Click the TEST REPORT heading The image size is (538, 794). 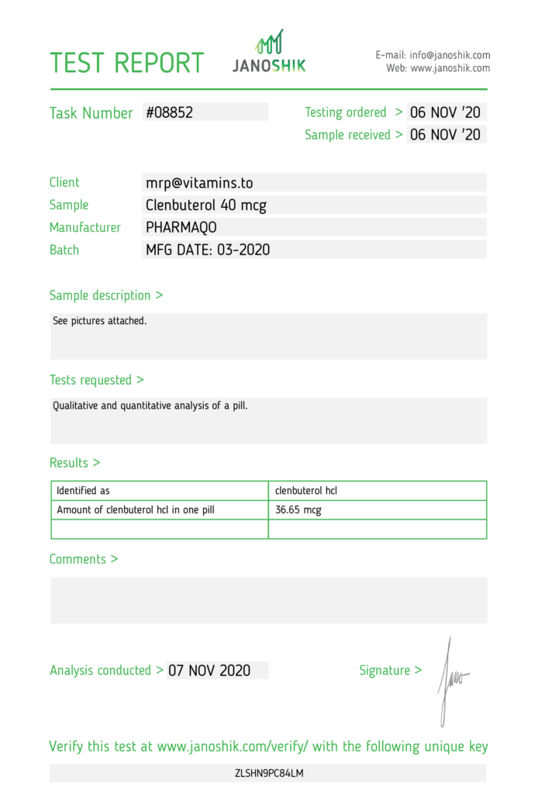[127, 63]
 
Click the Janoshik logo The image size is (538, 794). [269, 53]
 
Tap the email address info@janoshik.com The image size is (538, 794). [450, 55]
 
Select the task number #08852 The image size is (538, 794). [169, 112]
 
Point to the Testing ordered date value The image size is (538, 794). [445, 112]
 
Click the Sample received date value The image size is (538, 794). [445, 135]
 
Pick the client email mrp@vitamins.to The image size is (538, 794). [199, 183]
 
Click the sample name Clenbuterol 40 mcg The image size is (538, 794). [206, 205]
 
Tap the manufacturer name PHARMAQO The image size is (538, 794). [181, 228]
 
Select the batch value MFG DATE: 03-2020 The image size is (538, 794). [208, 250]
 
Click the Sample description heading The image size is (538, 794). [106, 295]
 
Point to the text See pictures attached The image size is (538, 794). [99, 320]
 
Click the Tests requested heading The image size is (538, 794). [96, 380]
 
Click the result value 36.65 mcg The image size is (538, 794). [298, 510]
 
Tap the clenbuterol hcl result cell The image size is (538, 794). [306, 491]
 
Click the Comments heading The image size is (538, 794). [84, 559]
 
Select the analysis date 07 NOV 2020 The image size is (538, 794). [209, 671]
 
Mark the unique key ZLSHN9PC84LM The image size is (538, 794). [269, 773]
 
